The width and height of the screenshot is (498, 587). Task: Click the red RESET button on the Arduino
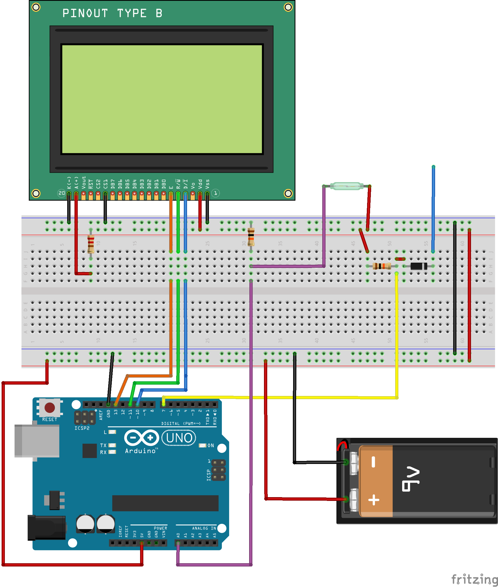[x=50, y=408]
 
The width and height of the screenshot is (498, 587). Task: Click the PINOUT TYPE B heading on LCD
[x=112, y=13]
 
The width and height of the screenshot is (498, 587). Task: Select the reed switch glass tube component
[x=346, y=186]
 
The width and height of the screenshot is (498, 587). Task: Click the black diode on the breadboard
[x=418, y=266]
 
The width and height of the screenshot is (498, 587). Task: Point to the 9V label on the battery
[x=411, y=480]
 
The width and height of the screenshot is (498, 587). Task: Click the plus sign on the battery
[x=374, y=500]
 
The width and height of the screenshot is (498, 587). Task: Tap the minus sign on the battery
[x=373, y=462]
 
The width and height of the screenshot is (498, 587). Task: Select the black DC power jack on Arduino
[x=47, y=527]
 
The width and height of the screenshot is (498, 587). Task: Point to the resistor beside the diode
[x=381, y=266]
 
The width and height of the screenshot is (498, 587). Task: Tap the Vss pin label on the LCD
[x=208, y=184]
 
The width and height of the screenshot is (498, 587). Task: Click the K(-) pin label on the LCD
[x=69, y=183]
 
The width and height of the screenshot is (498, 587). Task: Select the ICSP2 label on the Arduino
[x=82, y=428]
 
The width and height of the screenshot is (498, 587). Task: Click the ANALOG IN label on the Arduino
[x=204, y=528]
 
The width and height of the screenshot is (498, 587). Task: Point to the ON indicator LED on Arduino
[x=202, y=445]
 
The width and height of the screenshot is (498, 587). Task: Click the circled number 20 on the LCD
[x=62, y=193]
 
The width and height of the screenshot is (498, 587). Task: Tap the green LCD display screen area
[x=162, y=99]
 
